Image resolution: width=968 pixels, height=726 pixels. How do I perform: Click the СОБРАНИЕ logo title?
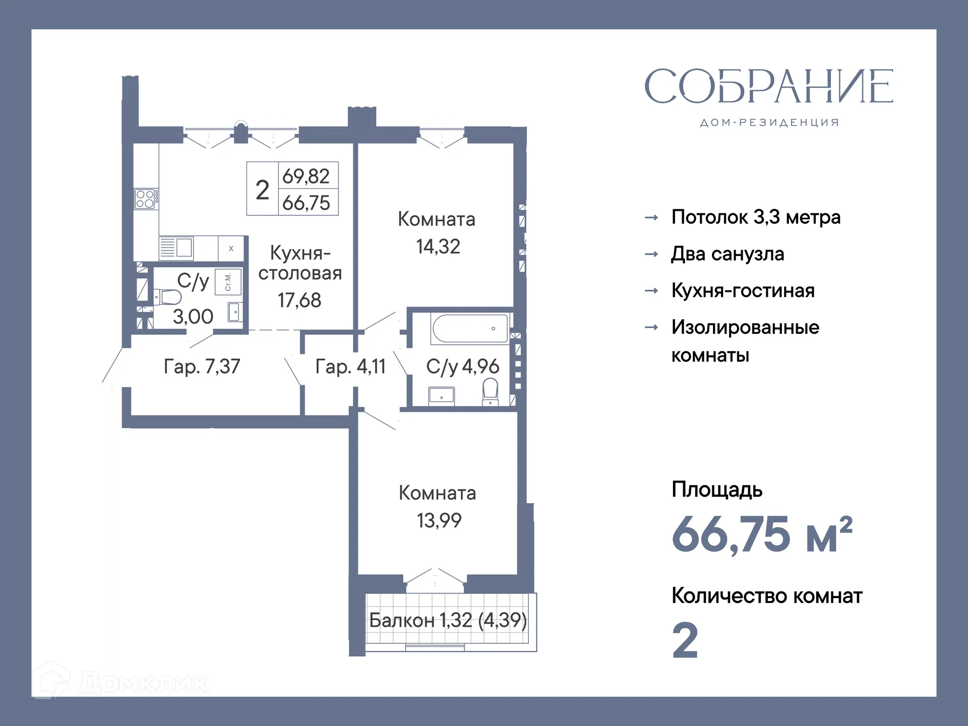(x=768, y=87)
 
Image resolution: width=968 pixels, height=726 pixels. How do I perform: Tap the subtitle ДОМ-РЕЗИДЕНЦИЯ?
(x=769, y=123)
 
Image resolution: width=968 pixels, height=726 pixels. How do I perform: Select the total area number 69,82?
(x=306, y=176)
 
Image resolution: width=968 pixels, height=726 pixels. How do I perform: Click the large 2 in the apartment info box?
(x=262, y=190)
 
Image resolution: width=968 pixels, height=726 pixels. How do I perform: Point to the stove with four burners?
(x=145, y=199)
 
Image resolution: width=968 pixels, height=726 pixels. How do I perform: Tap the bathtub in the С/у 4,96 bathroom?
(x=470, y=328)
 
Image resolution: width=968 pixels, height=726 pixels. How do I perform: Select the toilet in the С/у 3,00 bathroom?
(x=168, y=297)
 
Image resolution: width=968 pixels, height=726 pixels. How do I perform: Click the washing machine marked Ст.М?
(x=228, y=282)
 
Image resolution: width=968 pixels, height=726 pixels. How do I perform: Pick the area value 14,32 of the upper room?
(x=438, y=247)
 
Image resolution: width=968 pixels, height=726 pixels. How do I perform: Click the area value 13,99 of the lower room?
(x=439, y=520)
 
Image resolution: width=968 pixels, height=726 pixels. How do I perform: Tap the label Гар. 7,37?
(x=202, y=367)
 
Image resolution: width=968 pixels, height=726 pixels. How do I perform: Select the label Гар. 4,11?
(x=350, y=367)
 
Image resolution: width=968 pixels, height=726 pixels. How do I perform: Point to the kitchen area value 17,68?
(x=299, y=300)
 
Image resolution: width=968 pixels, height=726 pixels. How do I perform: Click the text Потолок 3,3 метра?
(x=756, y=217)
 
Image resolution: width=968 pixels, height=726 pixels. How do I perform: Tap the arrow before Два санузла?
(x=651, y=254)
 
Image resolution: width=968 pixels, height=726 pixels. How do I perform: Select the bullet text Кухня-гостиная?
(x=743, y=291)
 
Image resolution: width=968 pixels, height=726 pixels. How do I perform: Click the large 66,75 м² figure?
(x=761, y=534)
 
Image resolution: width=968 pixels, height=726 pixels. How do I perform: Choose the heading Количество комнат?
(x=767, y=596)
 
